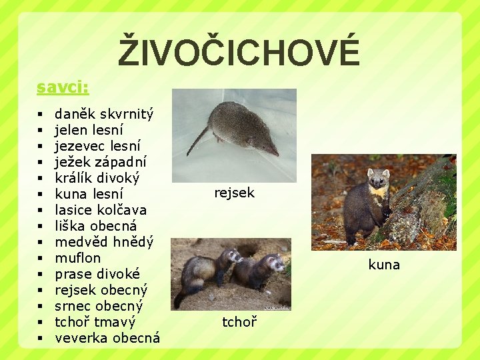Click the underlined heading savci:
point(63,87)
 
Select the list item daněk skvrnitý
point(103,114)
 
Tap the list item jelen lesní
point(89,130)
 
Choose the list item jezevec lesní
point(97,146)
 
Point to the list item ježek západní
point(101,162)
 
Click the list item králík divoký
point(97,178)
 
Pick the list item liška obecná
point(95,226)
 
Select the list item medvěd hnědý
point(104,242)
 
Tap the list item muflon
point(78,258)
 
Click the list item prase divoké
point(97,274)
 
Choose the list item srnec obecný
point(99,306)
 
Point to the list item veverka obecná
point(107,338)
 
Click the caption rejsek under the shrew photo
point(234,193)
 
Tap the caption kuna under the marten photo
point(384,265)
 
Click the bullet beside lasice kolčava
point(41,210)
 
